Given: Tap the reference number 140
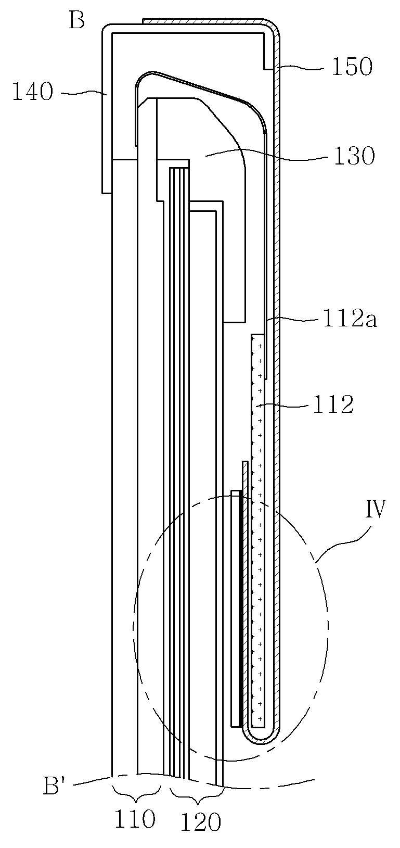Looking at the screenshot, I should [x=32, y=93].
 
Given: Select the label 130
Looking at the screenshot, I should [x=354, y=156].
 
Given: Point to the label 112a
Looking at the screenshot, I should [x=350, y=319].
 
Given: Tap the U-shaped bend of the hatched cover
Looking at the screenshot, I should [x=262, y=738].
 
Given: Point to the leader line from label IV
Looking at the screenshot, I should [x=341, y=541].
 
